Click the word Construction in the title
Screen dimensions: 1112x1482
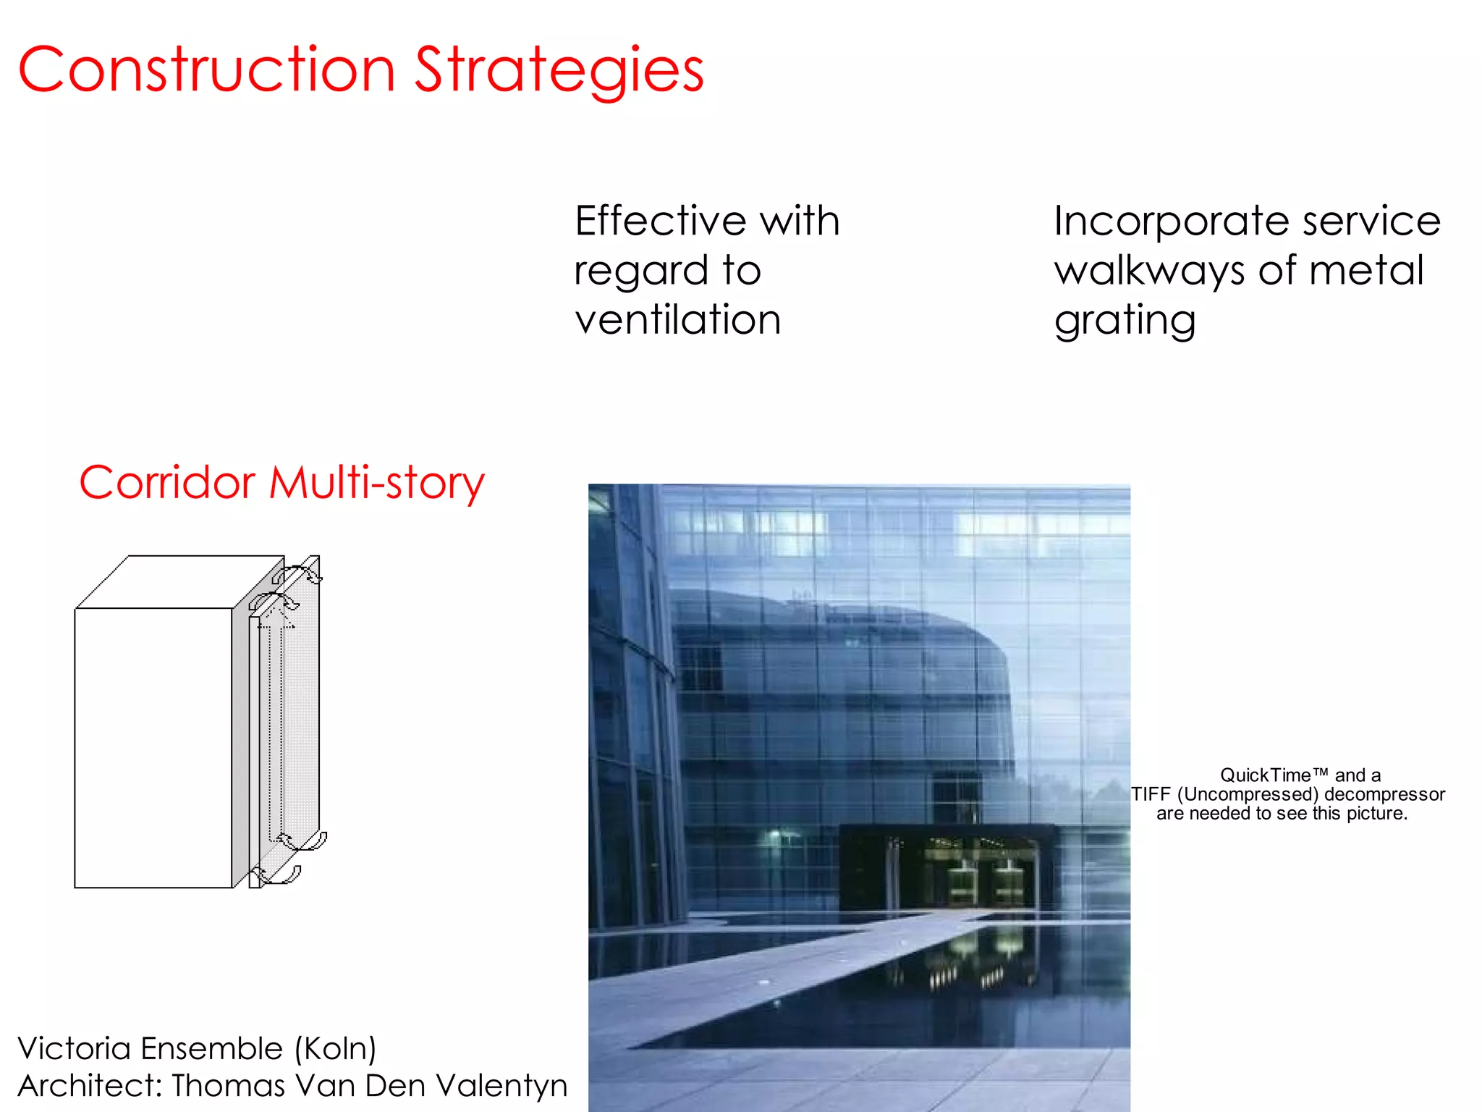tap(207, 69)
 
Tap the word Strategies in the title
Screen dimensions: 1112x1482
tap(559, 71)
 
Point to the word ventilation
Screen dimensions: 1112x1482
tap(677, 319)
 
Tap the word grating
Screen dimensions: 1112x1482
tap(1125, 321)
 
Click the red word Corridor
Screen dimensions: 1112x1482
tap(167, 482)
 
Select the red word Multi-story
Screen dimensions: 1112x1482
tap(376, 484)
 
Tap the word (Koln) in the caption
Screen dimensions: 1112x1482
tap(335, 1049)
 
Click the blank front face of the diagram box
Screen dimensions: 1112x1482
tap(153, 747)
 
